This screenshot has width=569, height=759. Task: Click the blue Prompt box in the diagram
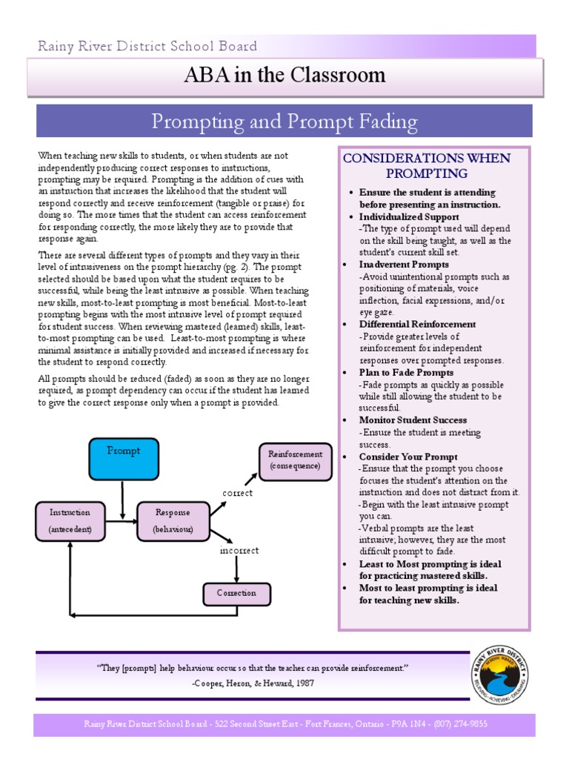tap(123, 459)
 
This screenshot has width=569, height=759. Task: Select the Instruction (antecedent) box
tap(70, 520)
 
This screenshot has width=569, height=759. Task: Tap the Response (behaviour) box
tap(173, 520)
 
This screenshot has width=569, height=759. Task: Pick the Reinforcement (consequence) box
tap(295, 460)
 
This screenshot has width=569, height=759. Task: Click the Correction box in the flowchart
tap(236, 594)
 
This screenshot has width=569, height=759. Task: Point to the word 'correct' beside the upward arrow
tap(237, 493)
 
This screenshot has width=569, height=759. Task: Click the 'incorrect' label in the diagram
tap(239, 551)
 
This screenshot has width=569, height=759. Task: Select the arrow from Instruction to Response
tap(120, 521)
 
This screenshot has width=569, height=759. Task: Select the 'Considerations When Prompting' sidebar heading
tap(425, 165)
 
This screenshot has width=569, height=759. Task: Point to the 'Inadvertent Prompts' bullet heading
tap(404, 265)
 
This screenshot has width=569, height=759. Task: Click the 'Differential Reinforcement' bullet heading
tap(417, 325)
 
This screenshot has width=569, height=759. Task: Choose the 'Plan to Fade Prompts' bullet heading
tap(406, 373)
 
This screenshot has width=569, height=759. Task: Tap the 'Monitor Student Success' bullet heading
tap(413, 420)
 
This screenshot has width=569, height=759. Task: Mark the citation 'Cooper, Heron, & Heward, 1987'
tap(253, 683)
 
